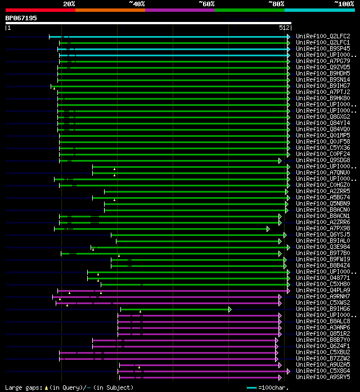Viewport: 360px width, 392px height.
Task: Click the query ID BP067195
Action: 21,18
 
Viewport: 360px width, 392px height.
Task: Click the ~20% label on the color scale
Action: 69,4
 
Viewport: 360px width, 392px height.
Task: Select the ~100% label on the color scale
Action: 344,4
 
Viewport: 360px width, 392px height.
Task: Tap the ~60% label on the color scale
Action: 206,4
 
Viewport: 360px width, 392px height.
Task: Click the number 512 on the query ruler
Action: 284,28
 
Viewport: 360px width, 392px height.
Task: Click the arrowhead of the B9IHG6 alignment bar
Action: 229,309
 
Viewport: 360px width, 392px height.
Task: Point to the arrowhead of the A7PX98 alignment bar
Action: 268,229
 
